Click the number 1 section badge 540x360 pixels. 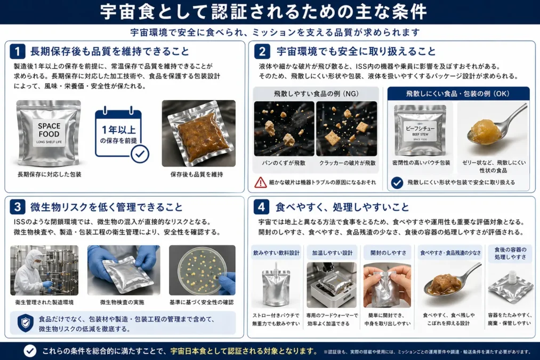18,52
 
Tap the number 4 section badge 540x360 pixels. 262,206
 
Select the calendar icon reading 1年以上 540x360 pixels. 121,134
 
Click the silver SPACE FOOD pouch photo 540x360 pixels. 49,133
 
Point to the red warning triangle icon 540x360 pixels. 261,182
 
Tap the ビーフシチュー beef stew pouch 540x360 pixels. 420,130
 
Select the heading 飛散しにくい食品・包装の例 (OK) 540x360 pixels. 458,93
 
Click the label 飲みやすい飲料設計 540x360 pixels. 276,252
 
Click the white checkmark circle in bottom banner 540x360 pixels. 30,350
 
